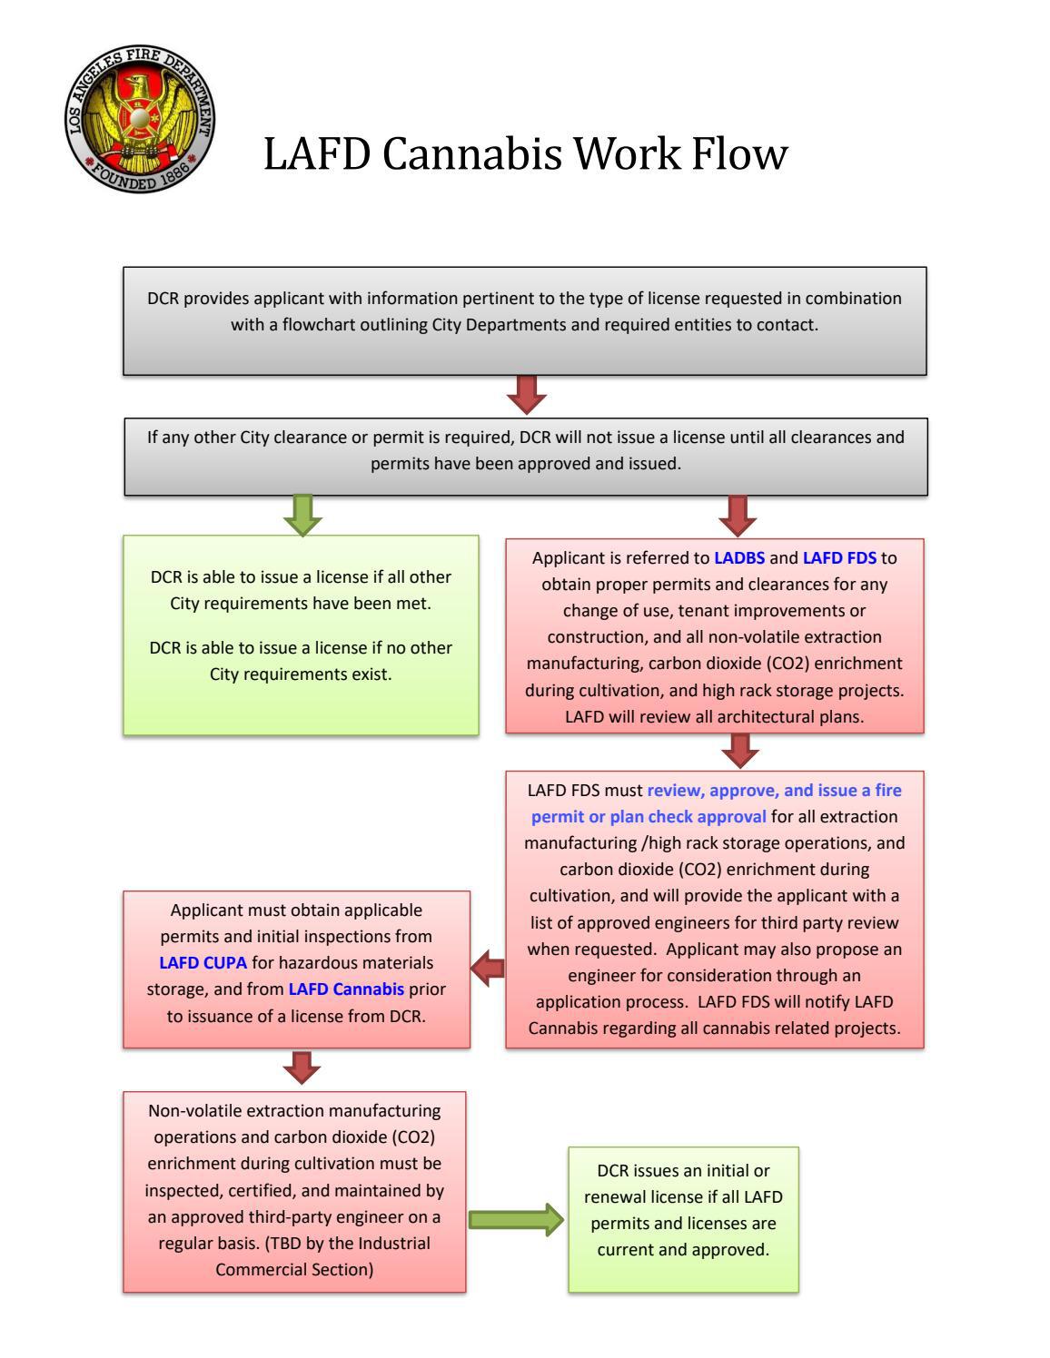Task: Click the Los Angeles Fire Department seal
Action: (x=141, y=119)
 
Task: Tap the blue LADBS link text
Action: (x=739, y=557)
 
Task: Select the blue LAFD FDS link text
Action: (x=839, y=557)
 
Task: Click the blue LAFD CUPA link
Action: (x=203, y=962)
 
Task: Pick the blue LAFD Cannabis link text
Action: (x=346, y=989)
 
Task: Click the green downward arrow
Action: (x=302, y=515)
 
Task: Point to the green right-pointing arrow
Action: (x=517, y=1219)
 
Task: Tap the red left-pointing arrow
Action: (x=488, y=969)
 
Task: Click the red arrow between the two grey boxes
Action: (x=526, y=394)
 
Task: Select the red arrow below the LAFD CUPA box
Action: (x=302, y=1068)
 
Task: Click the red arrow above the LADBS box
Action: (x=737, y=515)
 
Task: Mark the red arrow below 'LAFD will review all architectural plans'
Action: (x=742, y=751)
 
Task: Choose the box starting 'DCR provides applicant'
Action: (x=525, y=320)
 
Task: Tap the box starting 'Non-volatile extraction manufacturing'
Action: (x=294, y=1191)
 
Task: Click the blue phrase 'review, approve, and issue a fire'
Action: (x=774, y=790)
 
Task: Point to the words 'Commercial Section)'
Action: (x=294, y=1269)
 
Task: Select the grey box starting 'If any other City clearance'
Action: (x=526, y=456)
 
